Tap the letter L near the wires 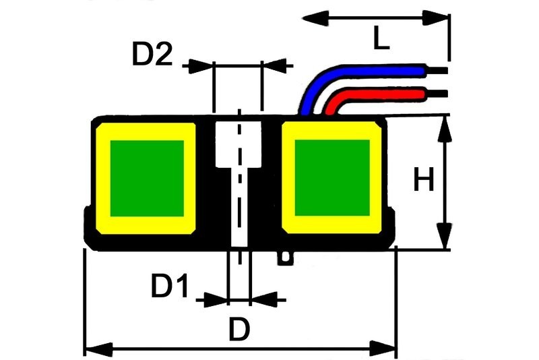[381, 39]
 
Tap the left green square [147, 178]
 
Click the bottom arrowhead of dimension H [444, 239]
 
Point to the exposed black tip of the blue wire [437, 69]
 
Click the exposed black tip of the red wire [437, 92]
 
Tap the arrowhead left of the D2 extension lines [201, 65]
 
